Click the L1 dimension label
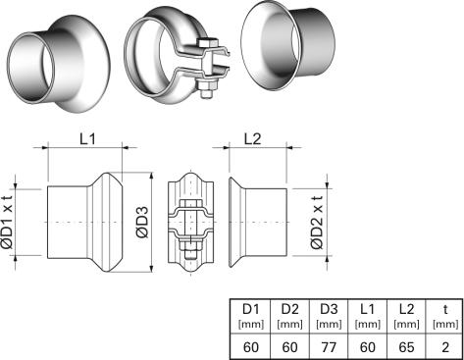pos(87,139)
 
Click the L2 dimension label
pos(253,139)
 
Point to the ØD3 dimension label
pos(142,222)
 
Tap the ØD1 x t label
pos(7,223)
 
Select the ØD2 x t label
pos(317,223)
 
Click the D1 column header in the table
pos(250,309)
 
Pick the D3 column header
pos(329,309)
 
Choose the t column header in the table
pos(445,309)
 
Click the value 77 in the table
pos(329,347)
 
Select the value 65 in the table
pos(406,347)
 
